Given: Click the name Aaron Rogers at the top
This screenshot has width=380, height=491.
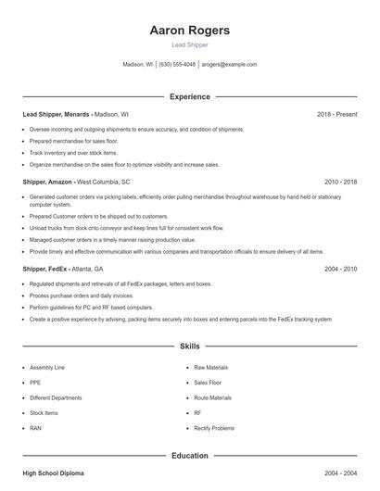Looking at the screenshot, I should coord(189,31).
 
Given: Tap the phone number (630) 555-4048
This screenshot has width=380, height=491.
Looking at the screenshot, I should coord(177,65).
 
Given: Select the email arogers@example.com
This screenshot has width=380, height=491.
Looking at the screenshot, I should coord(228,65).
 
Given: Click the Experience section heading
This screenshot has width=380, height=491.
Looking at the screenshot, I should coord(189,96).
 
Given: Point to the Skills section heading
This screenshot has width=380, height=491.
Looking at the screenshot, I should coord(189,346).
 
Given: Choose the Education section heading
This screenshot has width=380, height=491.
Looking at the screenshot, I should coord(189,456).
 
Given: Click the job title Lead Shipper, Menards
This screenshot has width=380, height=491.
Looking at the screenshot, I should coord(57,114).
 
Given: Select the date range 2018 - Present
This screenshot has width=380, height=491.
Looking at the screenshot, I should coord(336,114).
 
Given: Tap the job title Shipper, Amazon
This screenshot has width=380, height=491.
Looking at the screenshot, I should coord(49,183).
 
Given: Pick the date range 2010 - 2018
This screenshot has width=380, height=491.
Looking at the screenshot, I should coord(340,183).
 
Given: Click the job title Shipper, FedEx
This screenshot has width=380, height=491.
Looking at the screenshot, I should coord(47,269).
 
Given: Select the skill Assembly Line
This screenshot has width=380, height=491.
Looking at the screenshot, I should coord(47,367).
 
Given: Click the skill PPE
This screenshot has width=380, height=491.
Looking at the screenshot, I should coord(35,382).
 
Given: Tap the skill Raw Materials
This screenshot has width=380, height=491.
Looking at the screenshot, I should coord(212,367).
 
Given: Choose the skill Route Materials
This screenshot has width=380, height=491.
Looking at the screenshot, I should coord(213,397).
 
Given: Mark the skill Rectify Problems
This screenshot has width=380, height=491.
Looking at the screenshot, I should coord(214,428).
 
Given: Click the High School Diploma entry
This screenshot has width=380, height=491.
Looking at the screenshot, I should coord(53,473).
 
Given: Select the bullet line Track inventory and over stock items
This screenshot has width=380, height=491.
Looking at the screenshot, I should coord(73,152).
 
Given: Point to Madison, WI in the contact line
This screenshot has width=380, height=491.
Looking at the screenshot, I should coord(138,65).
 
